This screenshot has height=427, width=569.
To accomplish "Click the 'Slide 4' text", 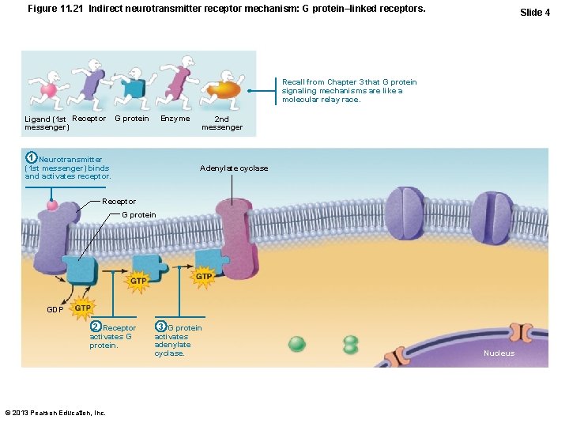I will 535,12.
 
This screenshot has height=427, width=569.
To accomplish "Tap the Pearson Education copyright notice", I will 55,412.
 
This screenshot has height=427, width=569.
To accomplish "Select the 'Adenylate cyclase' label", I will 234,168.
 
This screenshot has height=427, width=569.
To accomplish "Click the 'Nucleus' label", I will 499,353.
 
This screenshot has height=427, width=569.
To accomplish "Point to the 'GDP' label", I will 55,309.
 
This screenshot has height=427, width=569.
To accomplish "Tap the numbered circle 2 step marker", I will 96,327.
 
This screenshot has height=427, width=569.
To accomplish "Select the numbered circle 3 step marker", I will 160,327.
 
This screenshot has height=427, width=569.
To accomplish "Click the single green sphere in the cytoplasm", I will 296,344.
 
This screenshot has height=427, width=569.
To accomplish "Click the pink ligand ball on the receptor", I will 52,206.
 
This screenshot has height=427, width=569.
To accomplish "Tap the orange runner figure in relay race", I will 221,86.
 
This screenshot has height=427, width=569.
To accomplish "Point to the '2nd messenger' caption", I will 222,123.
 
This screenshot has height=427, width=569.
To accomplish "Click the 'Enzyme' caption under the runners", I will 175,119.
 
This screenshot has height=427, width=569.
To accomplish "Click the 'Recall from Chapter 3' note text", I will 349,90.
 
